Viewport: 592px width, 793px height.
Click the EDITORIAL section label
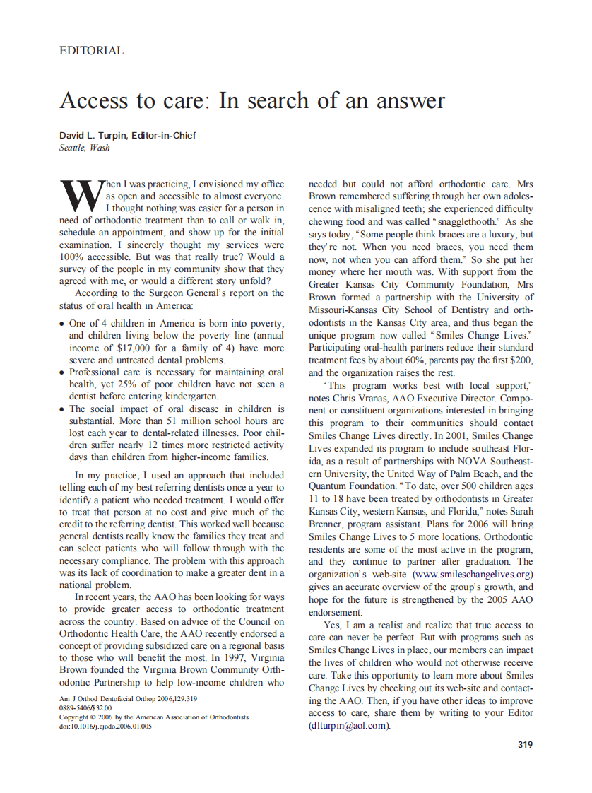pos(92,51)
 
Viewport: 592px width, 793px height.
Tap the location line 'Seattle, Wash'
pos(85,148)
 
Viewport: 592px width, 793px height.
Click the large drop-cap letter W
pos(81,195)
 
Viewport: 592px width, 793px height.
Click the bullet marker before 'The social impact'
pos(62,409)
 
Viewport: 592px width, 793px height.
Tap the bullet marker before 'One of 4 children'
pos(62,323)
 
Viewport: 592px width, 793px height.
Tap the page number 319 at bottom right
pos(525,744)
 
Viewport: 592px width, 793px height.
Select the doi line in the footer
pos(106,725)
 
